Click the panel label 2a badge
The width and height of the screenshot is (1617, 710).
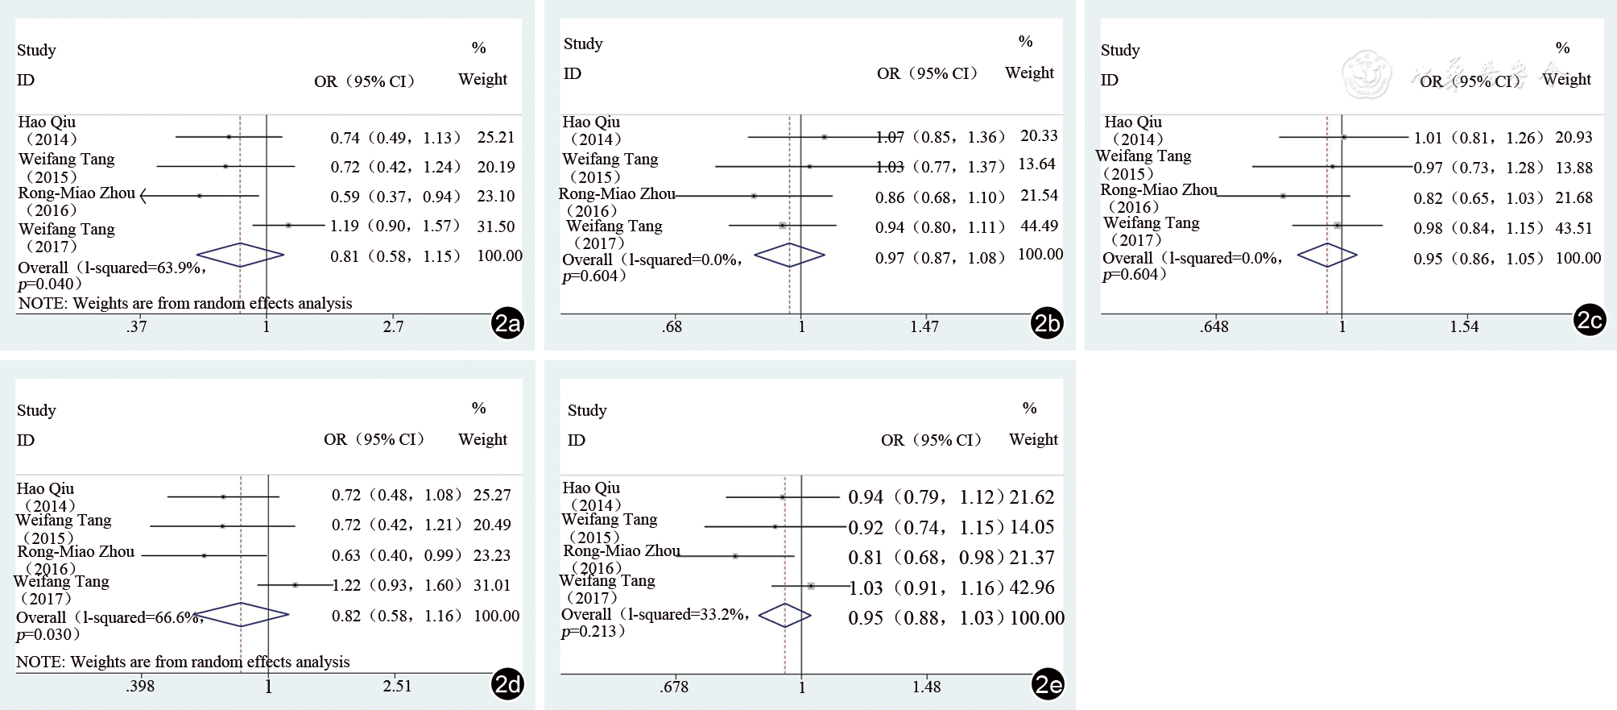pos(507,323)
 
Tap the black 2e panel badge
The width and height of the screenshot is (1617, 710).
pos(1048,684)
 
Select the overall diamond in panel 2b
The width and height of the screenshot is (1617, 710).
pos(789,255)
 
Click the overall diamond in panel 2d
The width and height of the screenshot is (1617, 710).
pos(241,615)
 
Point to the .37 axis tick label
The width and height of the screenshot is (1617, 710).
pos(137,326)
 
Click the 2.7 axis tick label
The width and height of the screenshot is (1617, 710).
pos(393,326)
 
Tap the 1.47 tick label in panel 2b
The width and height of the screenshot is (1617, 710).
pos(924,326)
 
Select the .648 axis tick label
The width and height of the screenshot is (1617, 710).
pos(1214,326)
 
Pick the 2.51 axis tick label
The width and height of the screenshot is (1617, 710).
pos(397,686)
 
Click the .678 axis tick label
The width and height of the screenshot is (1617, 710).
pos(674,687)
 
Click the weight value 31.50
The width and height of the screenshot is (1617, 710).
pos(495,226)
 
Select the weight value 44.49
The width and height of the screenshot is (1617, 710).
pos(1039,226)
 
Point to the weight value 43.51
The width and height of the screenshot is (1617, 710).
pos(1574,228)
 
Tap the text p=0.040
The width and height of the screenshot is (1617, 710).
pos(50,284)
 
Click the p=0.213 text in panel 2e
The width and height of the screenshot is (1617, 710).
pos(593,631)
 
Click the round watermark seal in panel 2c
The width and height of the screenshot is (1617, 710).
pos(1367,74)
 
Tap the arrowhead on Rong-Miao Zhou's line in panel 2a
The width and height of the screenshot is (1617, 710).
pos(143,196)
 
